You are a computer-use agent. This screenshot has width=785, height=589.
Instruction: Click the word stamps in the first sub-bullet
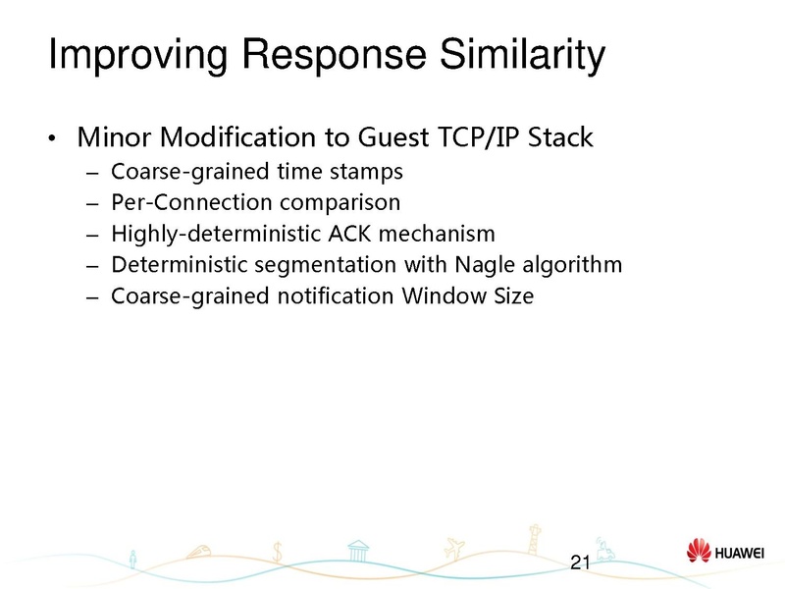tap(370, 173)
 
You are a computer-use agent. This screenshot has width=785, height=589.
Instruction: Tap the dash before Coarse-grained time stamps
tap(92, 174)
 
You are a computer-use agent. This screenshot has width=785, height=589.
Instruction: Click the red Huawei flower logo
tap(698, 552)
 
